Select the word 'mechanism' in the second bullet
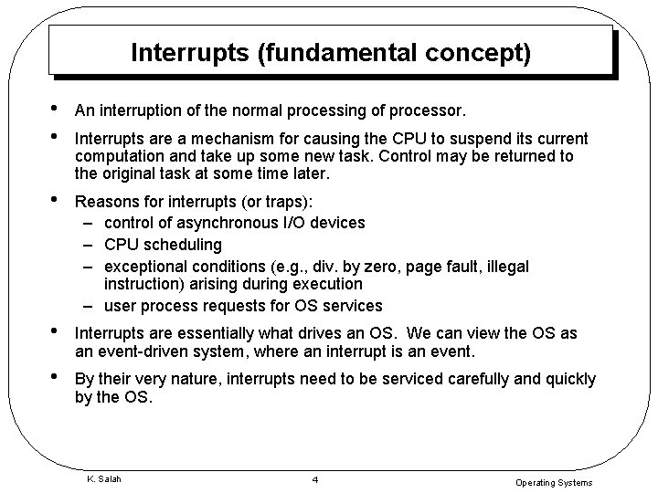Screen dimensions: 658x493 pos(225,140)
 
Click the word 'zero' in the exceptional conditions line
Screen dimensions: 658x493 pos(376,266)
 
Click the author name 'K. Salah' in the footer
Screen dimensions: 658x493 pos(103,477)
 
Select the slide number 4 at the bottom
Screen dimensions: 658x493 pos(313,479)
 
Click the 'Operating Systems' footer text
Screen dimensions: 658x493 pos(554,483)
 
